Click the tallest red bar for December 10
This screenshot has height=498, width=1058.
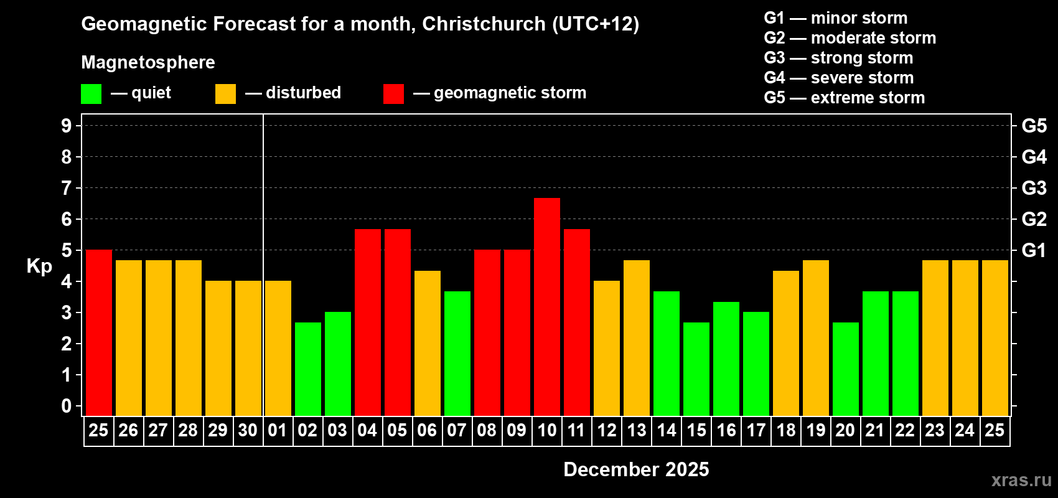point(547,306)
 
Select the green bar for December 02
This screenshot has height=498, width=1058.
point(308,369)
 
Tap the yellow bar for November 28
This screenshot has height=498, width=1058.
point(189,337)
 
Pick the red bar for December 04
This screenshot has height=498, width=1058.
point(368,322)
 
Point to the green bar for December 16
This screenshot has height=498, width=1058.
point(726,359)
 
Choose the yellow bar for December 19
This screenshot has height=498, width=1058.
point(816,337)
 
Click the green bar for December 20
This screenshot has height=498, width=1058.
point(846,369)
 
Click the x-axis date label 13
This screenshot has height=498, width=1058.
point(637,430)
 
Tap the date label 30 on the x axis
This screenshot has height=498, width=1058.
point(248,430)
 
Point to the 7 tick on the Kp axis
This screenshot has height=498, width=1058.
point(67,188)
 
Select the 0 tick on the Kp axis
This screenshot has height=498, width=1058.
point(67,406)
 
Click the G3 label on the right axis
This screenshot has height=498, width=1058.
point(1034,188)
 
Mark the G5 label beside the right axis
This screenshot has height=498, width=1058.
point(1034,126)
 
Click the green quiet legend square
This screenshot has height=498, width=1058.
point(91,94)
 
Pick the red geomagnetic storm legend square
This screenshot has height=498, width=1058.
point(393,94)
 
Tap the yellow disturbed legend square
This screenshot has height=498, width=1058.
point(225,94)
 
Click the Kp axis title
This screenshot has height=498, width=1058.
point(39,266)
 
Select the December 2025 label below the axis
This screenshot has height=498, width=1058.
point(636,469)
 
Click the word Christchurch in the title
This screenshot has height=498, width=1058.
point(484,24)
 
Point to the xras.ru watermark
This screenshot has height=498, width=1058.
point(1021,480)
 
